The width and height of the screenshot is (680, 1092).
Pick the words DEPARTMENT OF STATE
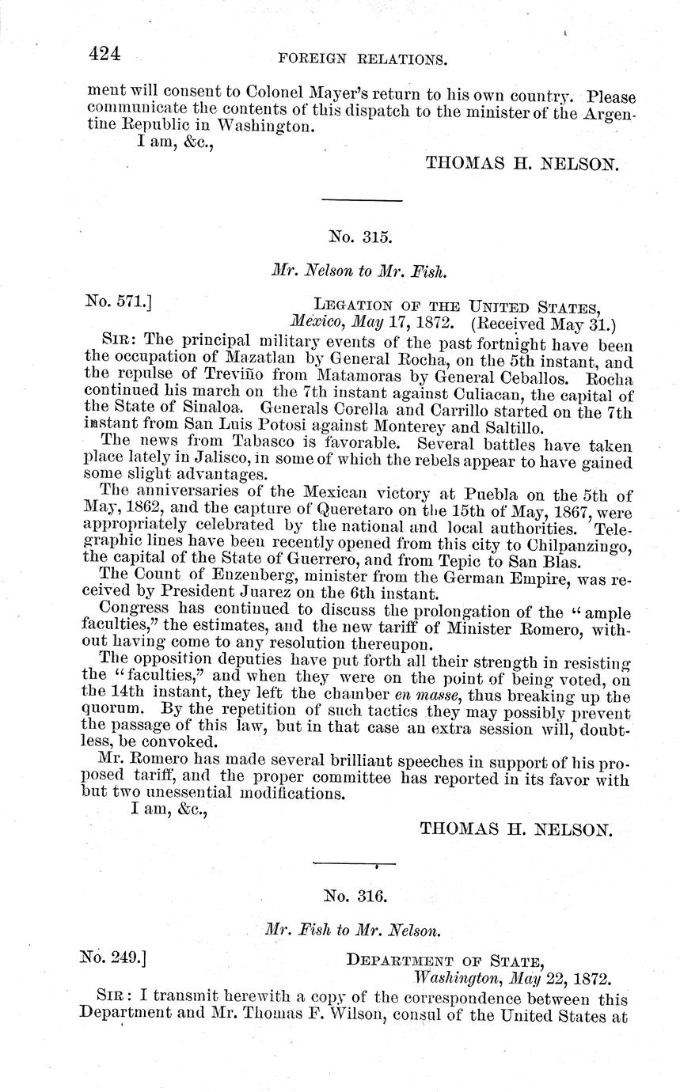point(444,961)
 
